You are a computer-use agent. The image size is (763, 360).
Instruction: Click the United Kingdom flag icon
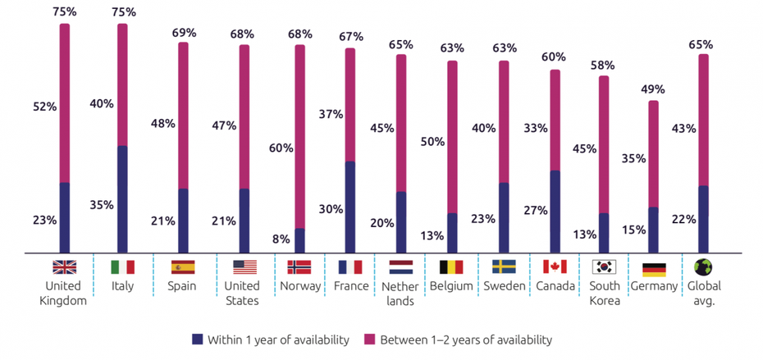pos(64,267)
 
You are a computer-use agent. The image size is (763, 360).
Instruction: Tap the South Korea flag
pos(604,267)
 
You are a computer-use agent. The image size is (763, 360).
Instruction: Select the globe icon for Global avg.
pos(703,267)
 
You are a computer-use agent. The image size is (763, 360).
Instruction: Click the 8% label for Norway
pos(281,239)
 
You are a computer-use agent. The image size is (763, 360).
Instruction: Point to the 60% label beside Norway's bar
pos(281,148)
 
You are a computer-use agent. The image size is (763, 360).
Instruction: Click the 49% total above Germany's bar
pos(653,89)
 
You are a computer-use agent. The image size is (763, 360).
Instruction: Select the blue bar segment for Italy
pos(122,199)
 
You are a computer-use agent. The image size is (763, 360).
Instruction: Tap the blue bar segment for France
pos(350,207)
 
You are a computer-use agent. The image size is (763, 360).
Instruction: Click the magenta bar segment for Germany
pos(653,153)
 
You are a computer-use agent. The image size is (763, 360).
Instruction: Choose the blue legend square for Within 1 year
pos(196,339)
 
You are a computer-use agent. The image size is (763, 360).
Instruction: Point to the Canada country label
pos(555,286)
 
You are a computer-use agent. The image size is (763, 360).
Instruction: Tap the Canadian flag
pos(555,267)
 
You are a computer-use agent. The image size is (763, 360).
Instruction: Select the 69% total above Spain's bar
pos(184,33)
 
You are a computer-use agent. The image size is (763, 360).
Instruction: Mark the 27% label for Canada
pos(536,210)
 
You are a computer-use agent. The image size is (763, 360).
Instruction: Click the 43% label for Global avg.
pos(683,128)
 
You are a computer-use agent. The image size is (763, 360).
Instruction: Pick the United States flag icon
pos(244,267)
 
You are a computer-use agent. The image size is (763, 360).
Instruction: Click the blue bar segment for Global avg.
pos(703,219)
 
